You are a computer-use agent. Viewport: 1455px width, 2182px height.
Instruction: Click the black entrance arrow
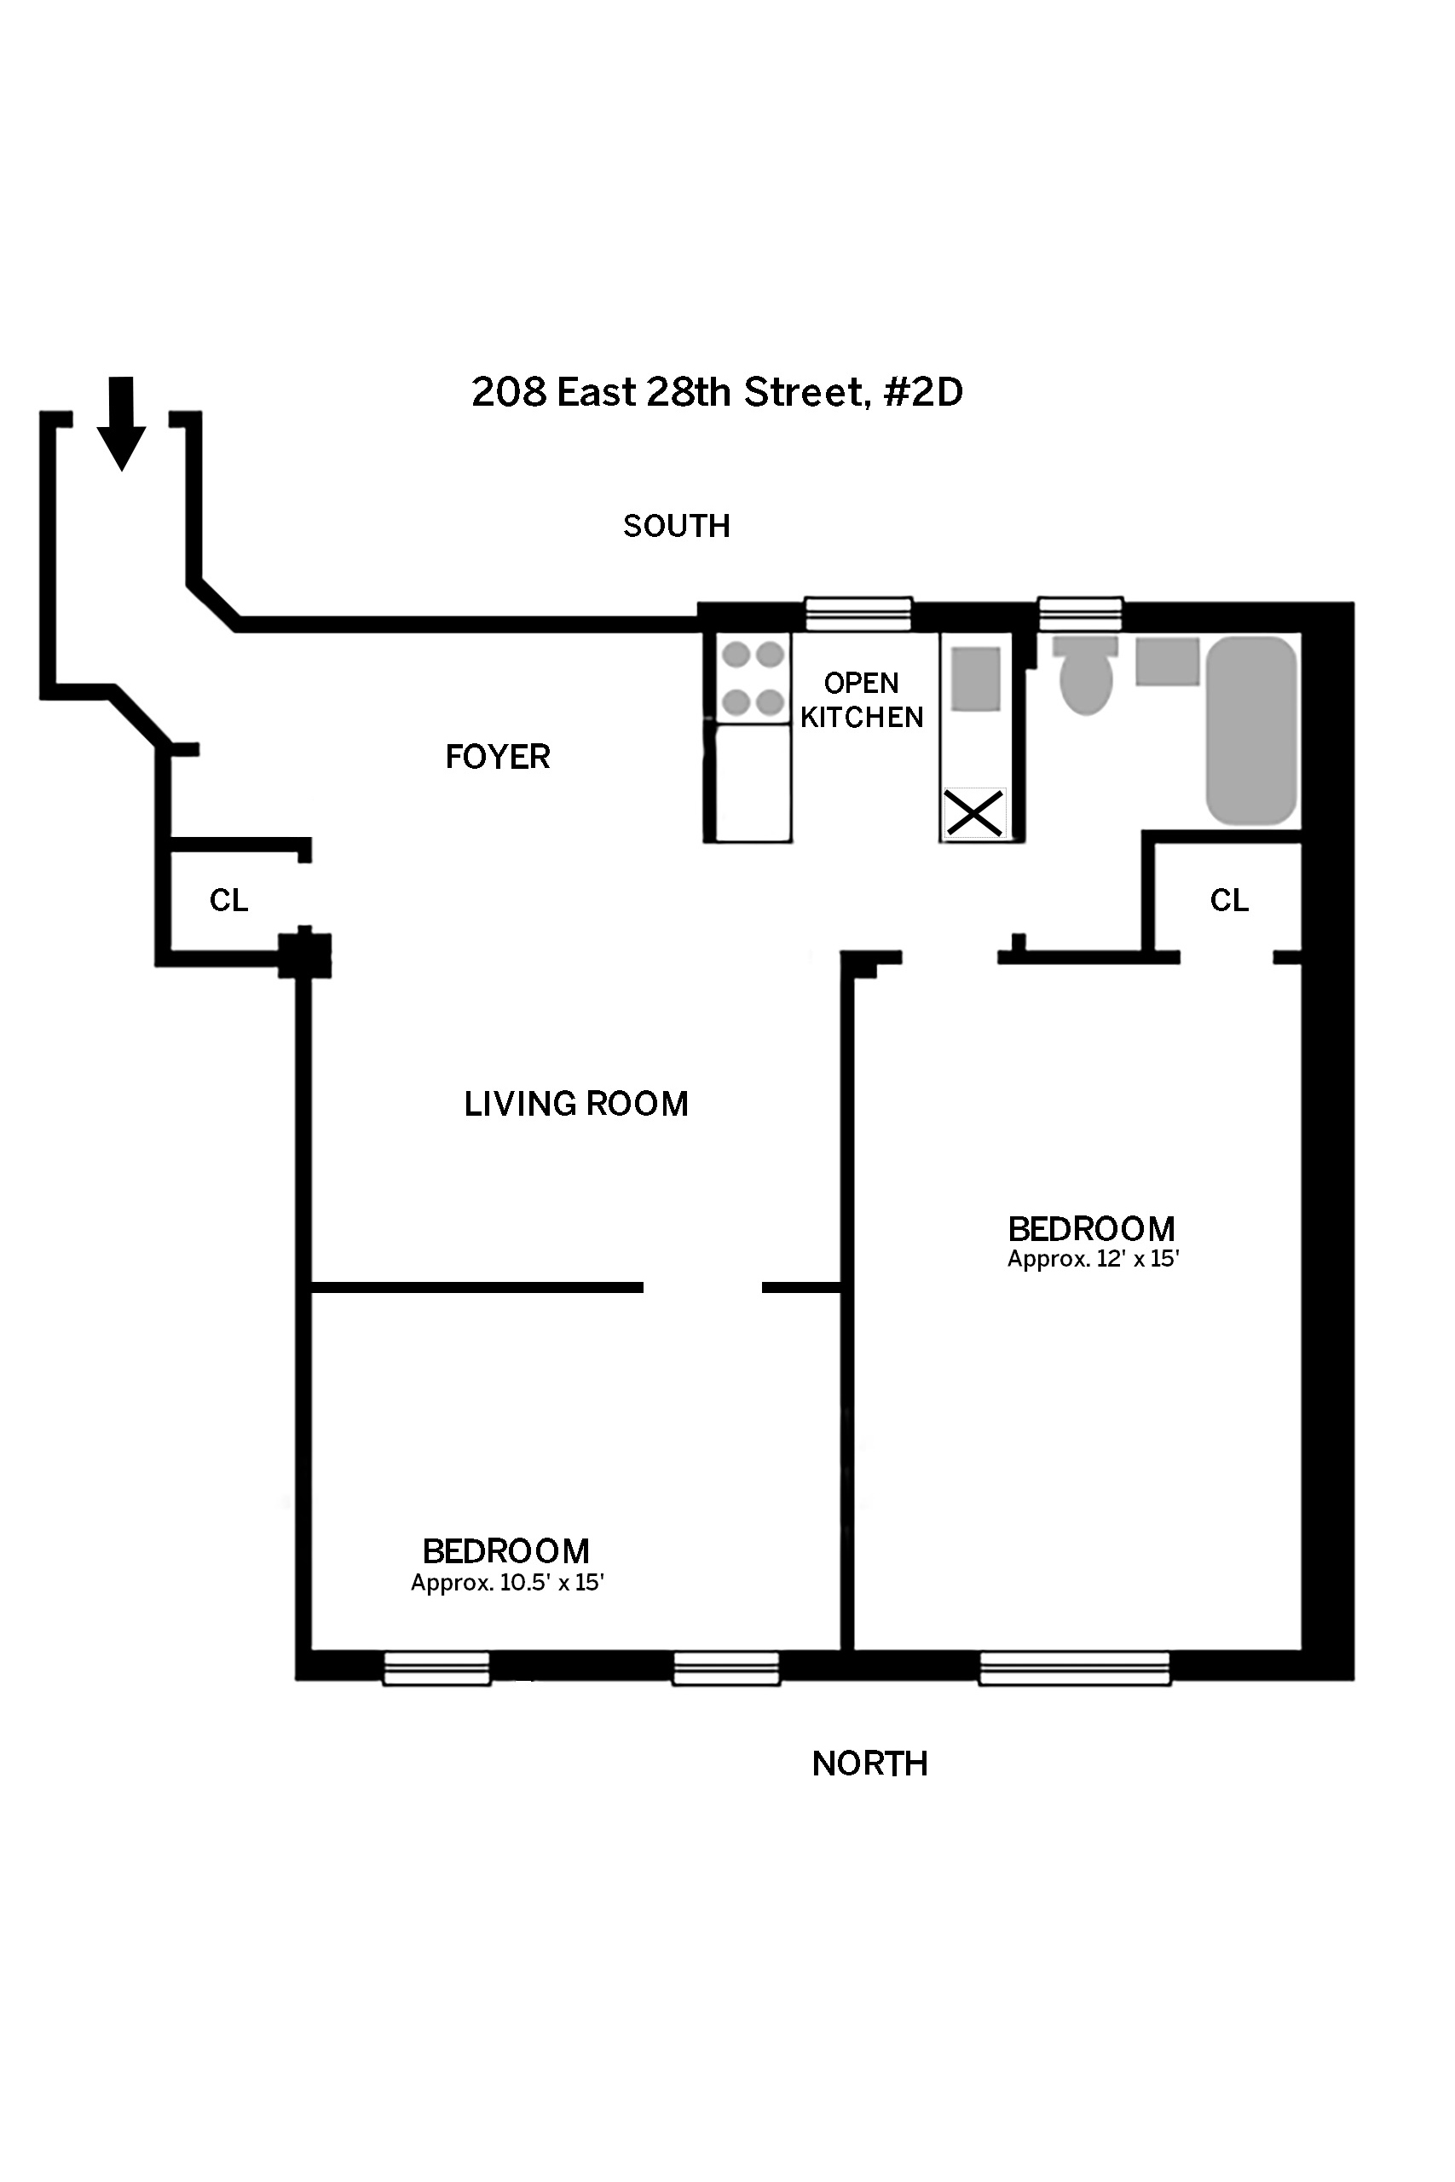pos(122,423)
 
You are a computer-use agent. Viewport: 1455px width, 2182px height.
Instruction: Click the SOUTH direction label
pos(677,526)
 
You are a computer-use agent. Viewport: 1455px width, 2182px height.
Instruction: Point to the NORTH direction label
pos(869,1763)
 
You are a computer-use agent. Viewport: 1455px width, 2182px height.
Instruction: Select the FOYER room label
pos(498,757)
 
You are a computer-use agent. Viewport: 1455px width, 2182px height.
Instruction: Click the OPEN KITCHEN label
pos(862,701)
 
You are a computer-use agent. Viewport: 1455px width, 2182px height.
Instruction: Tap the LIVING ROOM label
pos(576,1104)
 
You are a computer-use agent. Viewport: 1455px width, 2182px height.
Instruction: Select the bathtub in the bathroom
pos(1250,730)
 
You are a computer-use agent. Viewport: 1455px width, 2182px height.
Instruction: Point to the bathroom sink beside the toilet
pos(1168,661)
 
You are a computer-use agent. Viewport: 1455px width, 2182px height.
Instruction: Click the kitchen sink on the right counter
pos(976,679)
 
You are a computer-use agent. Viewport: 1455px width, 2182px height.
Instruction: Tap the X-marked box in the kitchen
pos(974,812)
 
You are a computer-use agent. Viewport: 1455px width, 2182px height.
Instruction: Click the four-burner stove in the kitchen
pos(753,678)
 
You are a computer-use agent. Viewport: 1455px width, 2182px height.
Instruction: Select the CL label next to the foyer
pos(228,900)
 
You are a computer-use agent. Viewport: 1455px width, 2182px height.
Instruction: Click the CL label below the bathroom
pos(1229,900)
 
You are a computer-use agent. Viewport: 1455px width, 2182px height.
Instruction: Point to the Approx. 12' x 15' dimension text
pos(1093,1259)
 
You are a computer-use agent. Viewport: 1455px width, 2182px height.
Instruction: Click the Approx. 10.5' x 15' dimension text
pos(507,1583)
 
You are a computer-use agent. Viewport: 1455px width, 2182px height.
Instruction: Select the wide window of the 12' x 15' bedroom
pos(1075,1668)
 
